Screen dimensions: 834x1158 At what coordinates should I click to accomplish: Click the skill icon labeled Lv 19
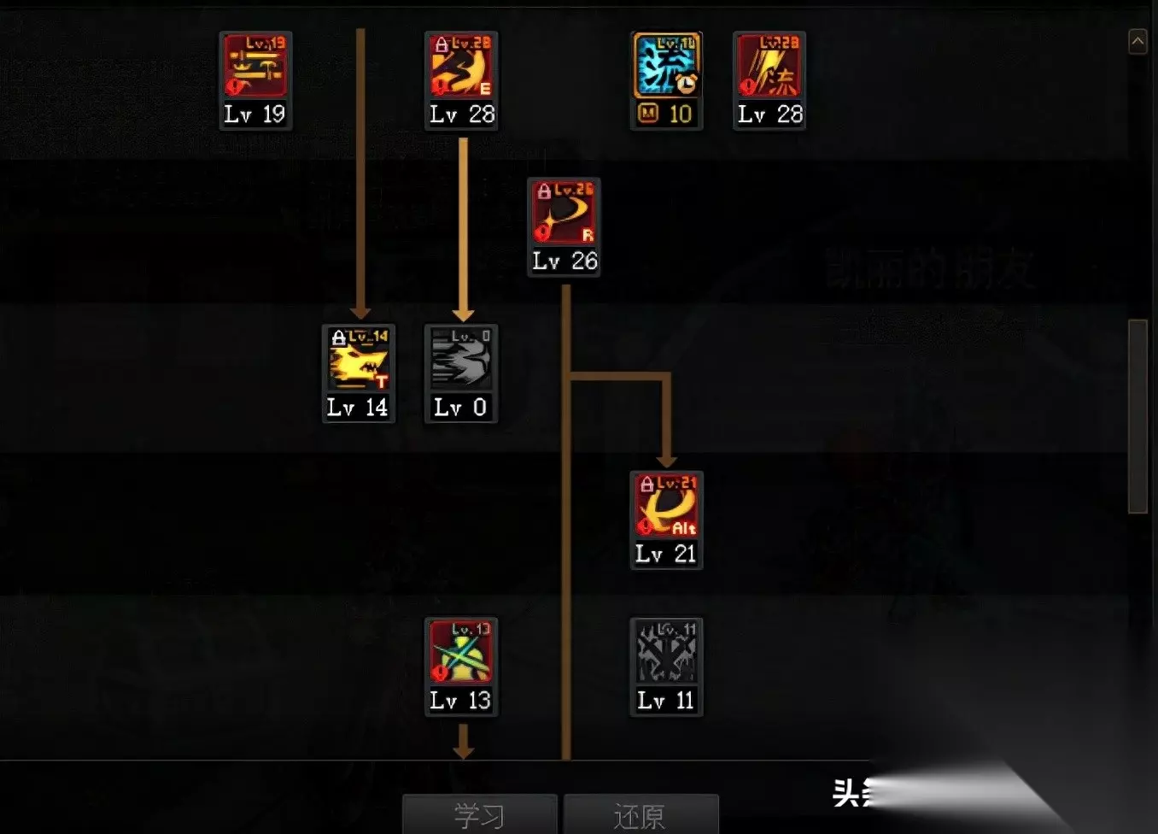[255, 66]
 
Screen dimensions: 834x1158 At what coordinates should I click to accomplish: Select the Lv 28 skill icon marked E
[461, 66]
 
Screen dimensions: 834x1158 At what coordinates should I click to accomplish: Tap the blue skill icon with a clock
[666, 66]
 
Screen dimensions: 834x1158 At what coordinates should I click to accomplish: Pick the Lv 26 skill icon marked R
[564, 213]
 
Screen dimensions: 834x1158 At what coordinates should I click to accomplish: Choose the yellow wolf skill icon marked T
[359, 359]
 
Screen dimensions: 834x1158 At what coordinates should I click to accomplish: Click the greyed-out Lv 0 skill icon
[461, 359]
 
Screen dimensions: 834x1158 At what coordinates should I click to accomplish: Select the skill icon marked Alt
[666, 506]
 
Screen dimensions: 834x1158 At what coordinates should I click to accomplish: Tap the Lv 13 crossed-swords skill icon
[461, 653]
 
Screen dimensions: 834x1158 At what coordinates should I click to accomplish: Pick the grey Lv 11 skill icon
[666, 653]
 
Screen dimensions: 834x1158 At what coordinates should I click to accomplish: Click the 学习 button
[479, 815]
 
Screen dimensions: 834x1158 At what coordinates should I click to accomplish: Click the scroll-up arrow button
[1138, 41]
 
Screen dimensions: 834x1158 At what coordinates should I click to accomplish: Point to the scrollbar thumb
[1138, 416]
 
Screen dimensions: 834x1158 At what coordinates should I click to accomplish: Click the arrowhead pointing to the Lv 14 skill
[360, 313]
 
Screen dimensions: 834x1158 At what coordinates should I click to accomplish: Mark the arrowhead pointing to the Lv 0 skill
[463, 314]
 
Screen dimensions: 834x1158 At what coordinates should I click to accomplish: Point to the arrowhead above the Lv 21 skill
[667, 461]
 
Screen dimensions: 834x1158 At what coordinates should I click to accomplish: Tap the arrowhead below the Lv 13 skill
[463, 751]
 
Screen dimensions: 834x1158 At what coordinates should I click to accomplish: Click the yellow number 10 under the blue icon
[681, 114]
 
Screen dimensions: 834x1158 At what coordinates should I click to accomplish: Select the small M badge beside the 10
[648, 113]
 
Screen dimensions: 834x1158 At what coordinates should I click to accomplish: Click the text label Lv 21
[666, 554]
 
